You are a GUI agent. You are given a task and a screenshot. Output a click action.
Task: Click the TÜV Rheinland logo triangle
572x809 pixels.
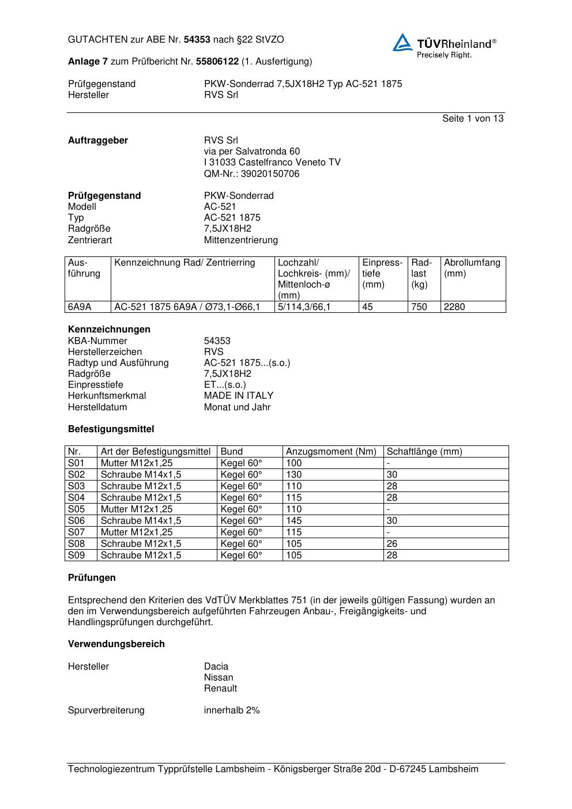[x=402, y=43]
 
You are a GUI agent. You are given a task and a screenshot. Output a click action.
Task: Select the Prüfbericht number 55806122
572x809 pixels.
[x=217, y=61]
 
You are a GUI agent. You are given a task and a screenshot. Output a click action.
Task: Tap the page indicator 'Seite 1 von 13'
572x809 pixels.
[x=472, y=119]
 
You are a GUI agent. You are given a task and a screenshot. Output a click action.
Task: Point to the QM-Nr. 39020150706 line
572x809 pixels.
[x=251, y=173]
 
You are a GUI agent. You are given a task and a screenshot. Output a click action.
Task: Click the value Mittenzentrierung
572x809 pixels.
[x=240, y=240]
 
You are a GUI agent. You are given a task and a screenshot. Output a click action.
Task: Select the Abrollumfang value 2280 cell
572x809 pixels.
[x=454, y=307]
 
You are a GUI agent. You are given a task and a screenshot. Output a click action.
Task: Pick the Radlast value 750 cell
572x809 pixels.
[x=419, y=307]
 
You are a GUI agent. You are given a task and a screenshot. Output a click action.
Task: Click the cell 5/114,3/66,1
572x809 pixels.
[x=304, y=307]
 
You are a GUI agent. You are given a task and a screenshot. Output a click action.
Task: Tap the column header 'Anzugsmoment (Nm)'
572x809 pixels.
[x=331, y=452]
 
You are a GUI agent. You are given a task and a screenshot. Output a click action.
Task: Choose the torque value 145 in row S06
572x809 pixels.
[x=294, y=521]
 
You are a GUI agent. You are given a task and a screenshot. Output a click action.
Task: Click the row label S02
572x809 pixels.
[x=76, y=475]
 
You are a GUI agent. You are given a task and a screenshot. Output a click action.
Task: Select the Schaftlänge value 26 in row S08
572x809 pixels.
[x=392, y=544]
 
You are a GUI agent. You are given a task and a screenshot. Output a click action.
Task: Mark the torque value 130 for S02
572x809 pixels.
[x=294, y=475]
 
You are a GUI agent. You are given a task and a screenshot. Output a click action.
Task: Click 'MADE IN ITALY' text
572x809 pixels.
[x=238, y=396]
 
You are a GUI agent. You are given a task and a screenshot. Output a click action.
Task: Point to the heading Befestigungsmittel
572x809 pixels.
[x=111, y=429]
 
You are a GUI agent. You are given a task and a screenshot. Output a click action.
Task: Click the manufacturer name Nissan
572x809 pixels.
[x=219, y=678]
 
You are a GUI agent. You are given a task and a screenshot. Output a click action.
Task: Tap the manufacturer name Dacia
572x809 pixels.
[x=216, y=667]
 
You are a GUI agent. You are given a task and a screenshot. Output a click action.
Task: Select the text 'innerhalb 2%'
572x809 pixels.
[x=232, y=710]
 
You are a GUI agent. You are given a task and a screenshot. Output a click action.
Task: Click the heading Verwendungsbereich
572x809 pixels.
[x=116, y=644]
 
